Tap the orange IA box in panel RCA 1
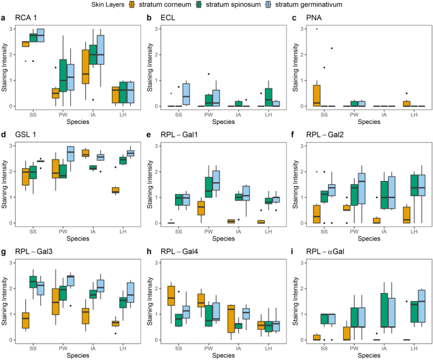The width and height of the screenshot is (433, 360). (x=85, y=66)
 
